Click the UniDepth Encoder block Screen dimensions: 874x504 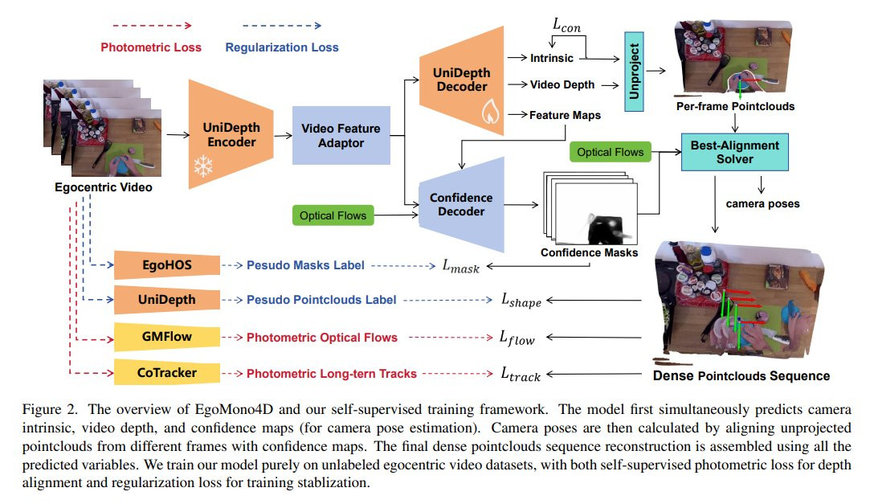pos(231,134)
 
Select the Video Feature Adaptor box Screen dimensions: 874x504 pos(341,136)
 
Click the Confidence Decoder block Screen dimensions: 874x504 pos(462,205)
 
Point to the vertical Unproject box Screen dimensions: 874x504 pos(634,72)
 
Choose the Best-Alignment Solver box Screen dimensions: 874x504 pos(735,152)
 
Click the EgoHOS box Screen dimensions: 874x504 pos(166,264)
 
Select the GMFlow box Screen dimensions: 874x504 pos(166,337)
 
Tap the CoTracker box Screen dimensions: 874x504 pos(166,372)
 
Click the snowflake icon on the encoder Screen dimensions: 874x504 pos(203,166)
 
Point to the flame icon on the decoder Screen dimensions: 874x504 pos(491,111)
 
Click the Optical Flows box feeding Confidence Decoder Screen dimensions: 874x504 pos(333,215)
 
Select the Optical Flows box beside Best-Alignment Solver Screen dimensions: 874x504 pos(611,152)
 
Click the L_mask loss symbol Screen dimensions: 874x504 pos(461,266)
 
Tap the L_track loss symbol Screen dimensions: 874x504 pos(521,374)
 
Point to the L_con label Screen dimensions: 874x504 pos(566,25)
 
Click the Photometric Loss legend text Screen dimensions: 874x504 pos(151,47)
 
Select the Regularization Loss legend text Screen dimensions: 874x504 pos(282,47)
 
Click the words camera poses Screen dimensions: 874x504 pos(762,204)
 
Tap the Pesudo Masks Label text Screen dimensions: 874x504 pos(305,265)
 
